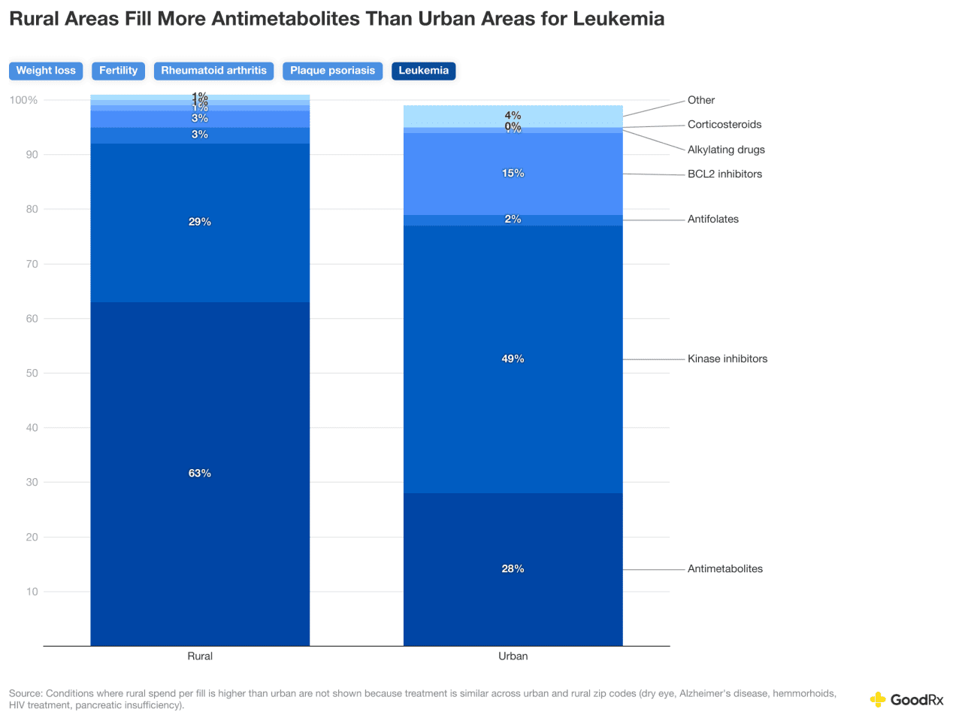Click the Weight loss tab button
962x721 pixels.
point(46,71)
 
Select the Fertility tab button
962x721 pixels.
point(118,71)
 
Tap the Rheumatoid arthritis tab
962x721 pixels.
point(213,71)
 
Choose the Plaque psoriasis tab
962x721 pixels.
point(332,71)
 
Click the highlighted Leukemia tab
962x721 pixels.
point(423,71)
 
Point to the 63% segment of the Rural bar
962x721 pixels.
point(200,474)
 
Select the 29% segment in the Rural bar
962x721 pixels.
point(200,223)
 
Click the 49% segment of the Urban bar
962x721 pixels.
point(513,359)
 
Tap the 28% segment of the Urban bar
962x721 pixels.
point(513,569)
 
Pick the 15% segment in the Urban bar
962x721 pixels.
point(513,174)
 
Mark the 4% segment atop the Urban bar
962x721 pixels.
point(513,116)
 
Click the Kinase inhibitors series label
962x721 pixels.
point(727,359)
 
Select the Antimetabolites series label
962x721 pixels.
point(725,569)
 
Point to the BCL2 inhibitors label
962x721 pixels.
point(725,174)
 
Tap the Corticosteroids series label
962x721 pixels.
point(724,125)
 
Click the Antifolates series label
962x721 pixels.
point(712,220)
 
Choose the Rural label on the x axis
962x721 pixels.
point(200,656)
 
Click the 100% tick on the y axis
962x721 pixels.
point(23,101)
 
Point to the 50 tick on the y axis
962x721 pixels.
point(32,374)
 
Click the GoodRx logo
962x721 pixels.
point(906,700)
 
